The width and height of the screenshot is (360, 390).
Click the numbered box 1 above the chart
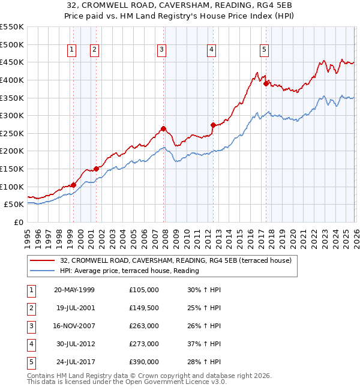(71, 50)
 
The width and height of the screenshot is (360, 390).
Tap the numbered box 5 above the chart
(265, 50)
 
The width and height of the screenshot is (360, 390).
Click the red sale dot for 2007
(163, 128)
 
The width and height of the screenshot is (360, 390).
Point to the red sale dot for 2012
(213, 125)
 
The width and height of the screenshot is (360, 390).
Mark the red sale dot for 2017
(266, 83)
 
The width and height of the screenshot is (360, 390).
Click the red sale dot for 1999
(73, 185)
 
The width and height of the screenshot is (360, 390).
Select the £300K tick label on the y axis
(12, 115)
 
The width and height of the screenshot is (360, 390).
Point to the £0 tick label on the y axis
(18, 222)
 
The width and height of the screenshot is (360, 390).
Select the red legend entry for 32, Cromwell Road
(175, 260)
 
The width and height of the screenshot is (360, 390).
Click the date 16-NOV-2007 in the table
(74, 326)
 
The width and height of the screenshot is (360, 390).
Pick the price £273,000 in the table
(144, 344)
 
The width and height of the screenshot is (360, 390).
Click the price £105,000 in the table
(144, 290)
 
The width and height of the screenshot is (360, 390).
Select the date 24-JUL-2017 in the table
(74, 362)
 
